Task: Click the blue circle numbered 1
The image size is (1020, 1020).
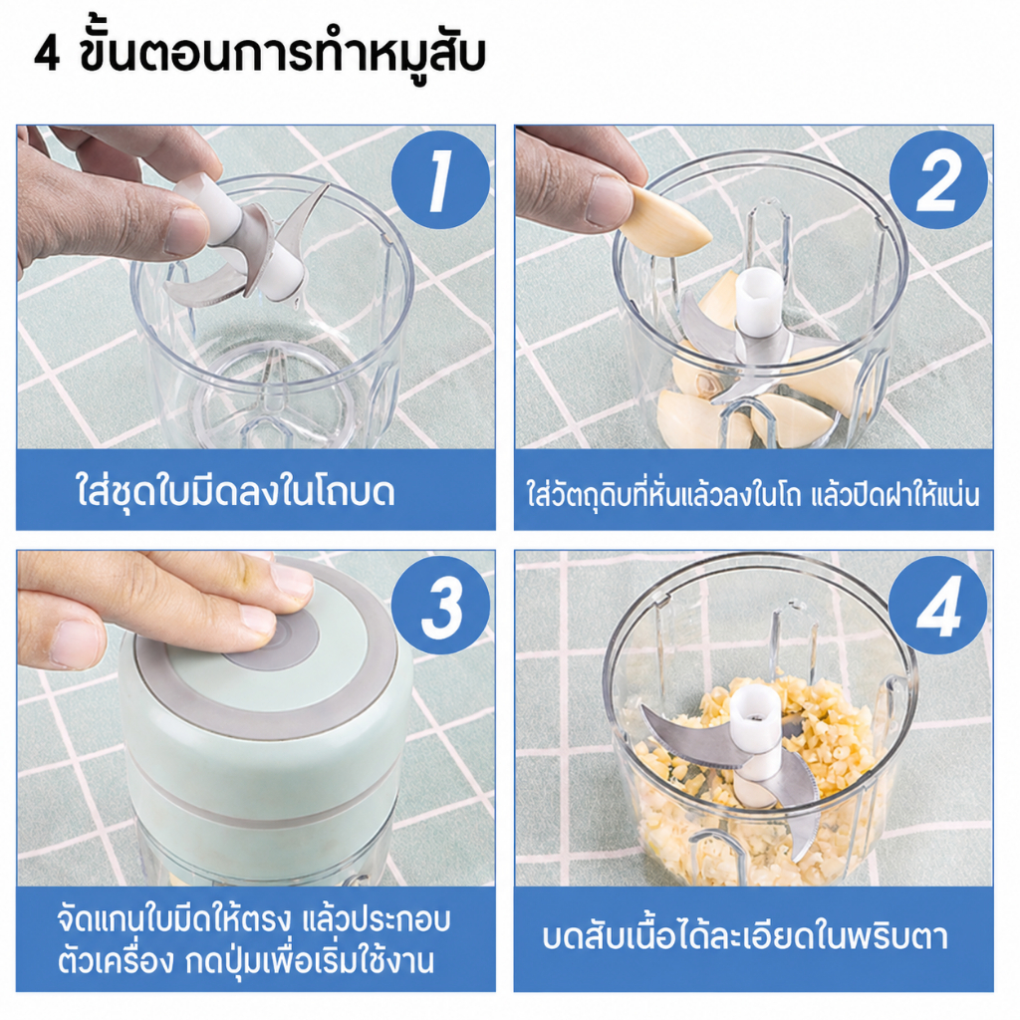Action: (440, 179)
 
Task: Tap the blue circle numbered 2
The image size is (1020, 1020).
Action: (938, 179)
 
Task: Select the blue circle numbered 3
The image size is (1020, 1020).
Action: (440, 605)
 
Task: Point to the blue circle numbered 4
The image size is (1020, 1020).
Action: (937, 605)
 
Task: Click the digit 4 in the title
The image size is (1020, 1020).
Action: (46, 54)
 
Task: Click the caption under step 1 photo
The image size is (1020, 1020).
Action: (235, 491)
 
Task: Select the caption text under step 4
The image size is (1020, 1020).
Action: (744, 936)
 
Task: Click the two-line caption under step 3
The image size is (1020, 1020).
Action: (253, 940)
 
